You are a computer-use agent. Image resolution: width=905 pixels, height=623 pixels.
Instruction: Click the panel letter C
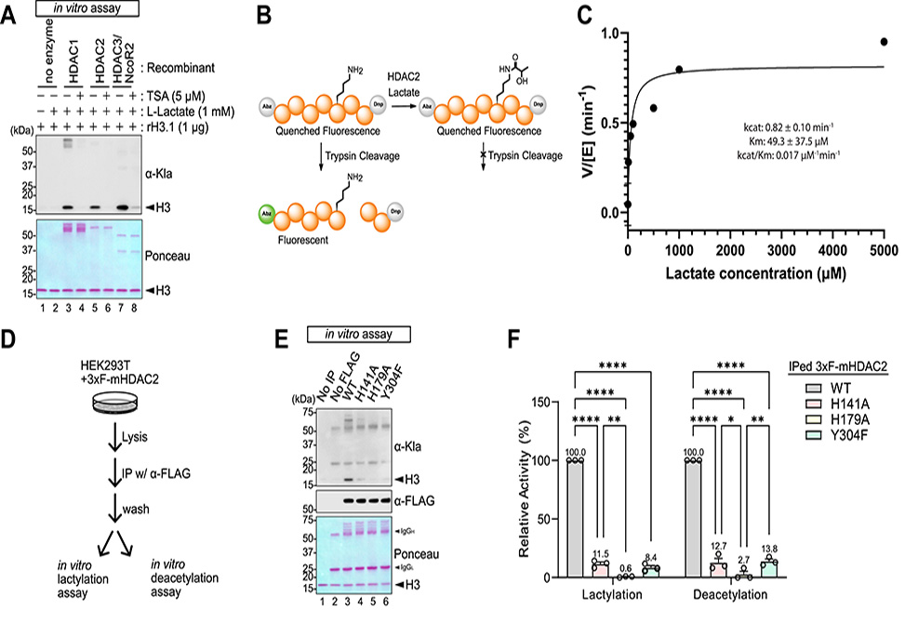pyautogui.click(x=610, y=16)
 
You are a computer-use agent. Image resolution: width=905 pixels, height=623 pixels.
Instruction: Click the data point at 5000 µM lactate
pyautogui.click(x=884, y=42)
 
